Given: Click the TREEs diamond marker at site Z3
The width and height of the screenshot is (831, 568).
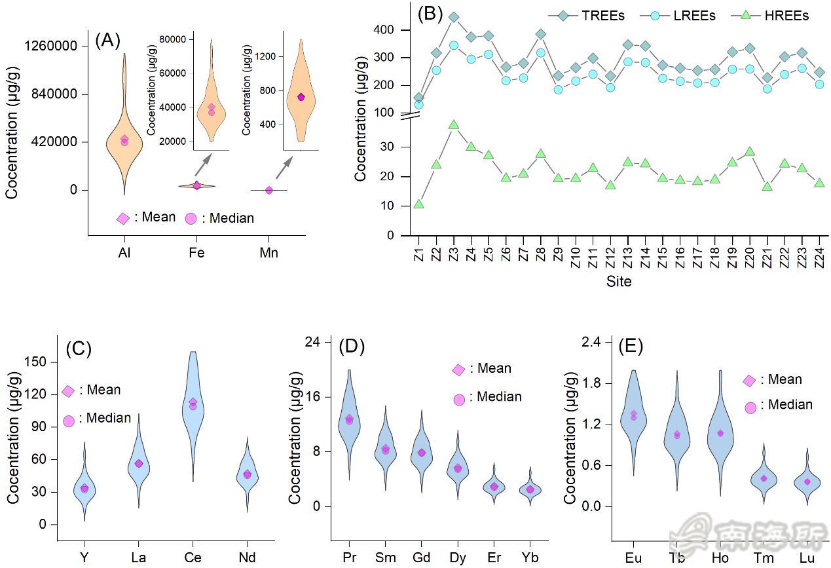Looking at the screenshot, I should (454, 17).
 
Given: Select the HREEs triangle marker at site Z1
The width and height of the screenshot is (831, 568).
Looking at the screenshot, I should (418, 204).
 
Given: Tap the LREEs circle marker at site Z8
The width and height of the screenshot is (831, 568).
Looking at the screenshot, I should (541, 53).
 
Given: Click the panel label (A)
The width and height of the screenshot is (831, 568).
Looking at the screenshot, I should (107, 41).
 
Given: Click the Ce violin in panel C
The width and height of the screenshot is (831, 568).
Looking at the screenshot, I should (193, 406).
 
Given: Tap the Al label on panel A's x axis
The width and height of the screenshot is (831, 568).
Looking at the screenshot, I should (124, 253).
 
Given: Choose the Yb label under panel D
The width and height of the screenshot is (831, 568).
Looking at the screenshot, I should (530, 558).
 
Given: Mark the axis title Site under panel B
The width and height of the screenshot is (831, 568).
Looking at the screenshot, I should (619, 282).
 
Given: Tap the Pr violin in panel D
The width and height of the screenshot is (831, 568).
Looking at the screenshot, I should (349, 419).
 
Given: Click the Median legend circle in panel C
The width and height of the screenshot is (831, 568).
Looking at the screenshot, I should (69, 419).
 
